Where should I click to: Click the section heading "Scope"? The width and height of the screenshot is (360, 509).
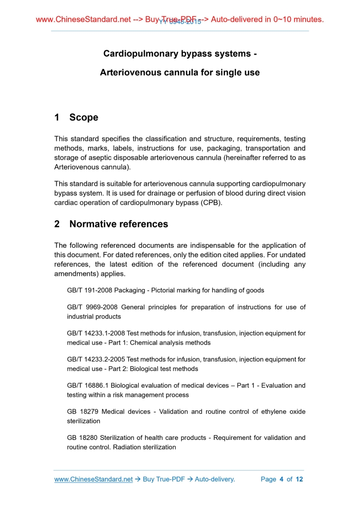pos(84,117)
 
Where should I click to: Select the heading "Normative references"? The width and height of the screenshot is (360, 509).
pos(118,224)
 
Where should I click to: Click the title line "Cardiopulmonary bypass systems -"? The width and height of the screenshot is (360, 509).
pos(180,53)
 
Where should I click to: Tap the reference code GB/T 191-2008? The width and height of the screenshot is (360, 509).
pos(89,290)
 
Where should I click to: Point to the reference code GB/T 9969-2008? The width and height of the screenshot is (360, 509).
pos(91,307)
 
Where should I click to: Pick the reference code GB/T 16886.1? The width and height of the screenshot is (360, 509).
pos(90,386)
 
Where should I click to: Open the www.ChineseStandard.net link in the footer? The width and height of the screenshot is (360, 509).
pos(94,479)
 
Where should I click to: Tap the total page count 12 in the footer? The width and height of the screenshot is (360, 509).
pos(299,479)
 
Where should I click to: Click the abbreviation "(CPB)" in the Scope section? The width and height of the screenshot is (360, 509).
pos(210,203)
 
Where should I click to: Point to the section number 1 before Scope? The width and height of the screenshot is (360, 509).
pos(57,117)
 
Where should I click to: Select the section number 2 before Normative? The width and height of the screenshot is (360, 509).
pos(57,224)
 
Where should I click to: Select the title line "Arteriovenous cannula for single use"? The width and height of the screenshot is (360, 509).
pos(180,73)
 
